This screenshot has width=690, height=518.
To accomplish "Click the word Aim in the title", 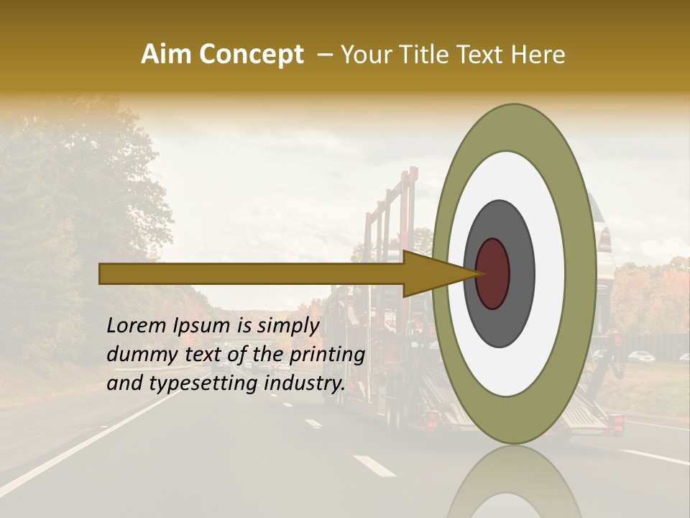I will click(167, 54).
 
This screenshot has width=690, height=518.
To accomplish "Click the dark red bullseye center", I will click(492, 273).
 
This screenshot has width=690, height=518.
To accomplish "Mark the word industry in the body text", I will click(305, 384).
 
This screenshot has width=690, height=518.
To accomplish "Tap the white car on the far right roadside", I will click(640, 356).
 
